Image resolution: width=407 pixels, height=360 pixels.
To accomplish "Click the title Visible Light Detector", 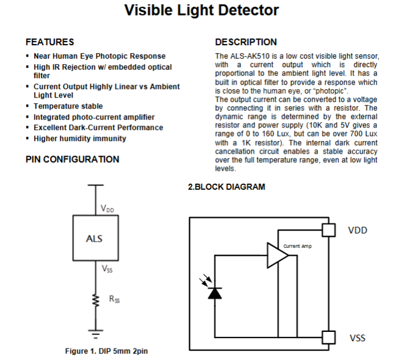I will point(201,11).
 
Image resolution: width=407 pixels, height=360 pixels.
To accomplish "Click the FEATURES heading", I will point(50,42).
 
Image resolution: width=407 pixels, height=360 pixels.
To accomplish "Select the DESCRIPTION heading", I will point(246,42).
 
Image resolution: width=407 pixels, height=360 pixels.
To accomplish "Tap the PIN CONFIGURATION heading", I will point(73,159).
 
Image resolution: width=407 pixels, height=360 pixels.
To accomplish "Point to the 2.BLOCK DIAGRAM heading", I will point(226,187).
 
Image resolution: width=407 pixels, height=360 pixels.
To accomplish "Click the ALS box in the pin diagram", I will point(95,238).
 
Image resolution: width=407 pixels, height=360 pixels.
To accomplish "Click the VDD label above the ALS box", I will point(107,209).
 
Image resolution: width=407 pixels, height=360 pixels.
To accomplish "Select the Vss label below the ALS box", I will point(107,268).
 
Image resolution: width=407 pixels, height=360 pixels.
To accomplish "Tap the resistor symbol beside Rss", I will point(95,300).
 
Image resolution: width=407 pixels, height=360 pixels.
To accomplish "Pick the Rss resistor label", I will point(115,299).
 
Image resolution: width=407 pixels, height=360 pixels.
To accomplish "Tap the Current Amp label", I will point(297,246).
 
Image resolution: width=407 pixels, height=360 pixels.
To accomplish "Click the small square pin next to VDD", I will point(328,229).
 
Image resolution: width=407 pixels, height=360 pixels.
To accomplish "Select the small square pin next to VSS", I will point(328,337).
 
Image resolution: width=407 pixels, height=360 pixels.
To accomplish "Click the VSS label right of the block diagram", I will point(358,337).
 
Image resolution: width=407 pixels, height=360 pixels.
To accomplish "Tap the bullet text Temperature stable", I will point(68,106).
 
